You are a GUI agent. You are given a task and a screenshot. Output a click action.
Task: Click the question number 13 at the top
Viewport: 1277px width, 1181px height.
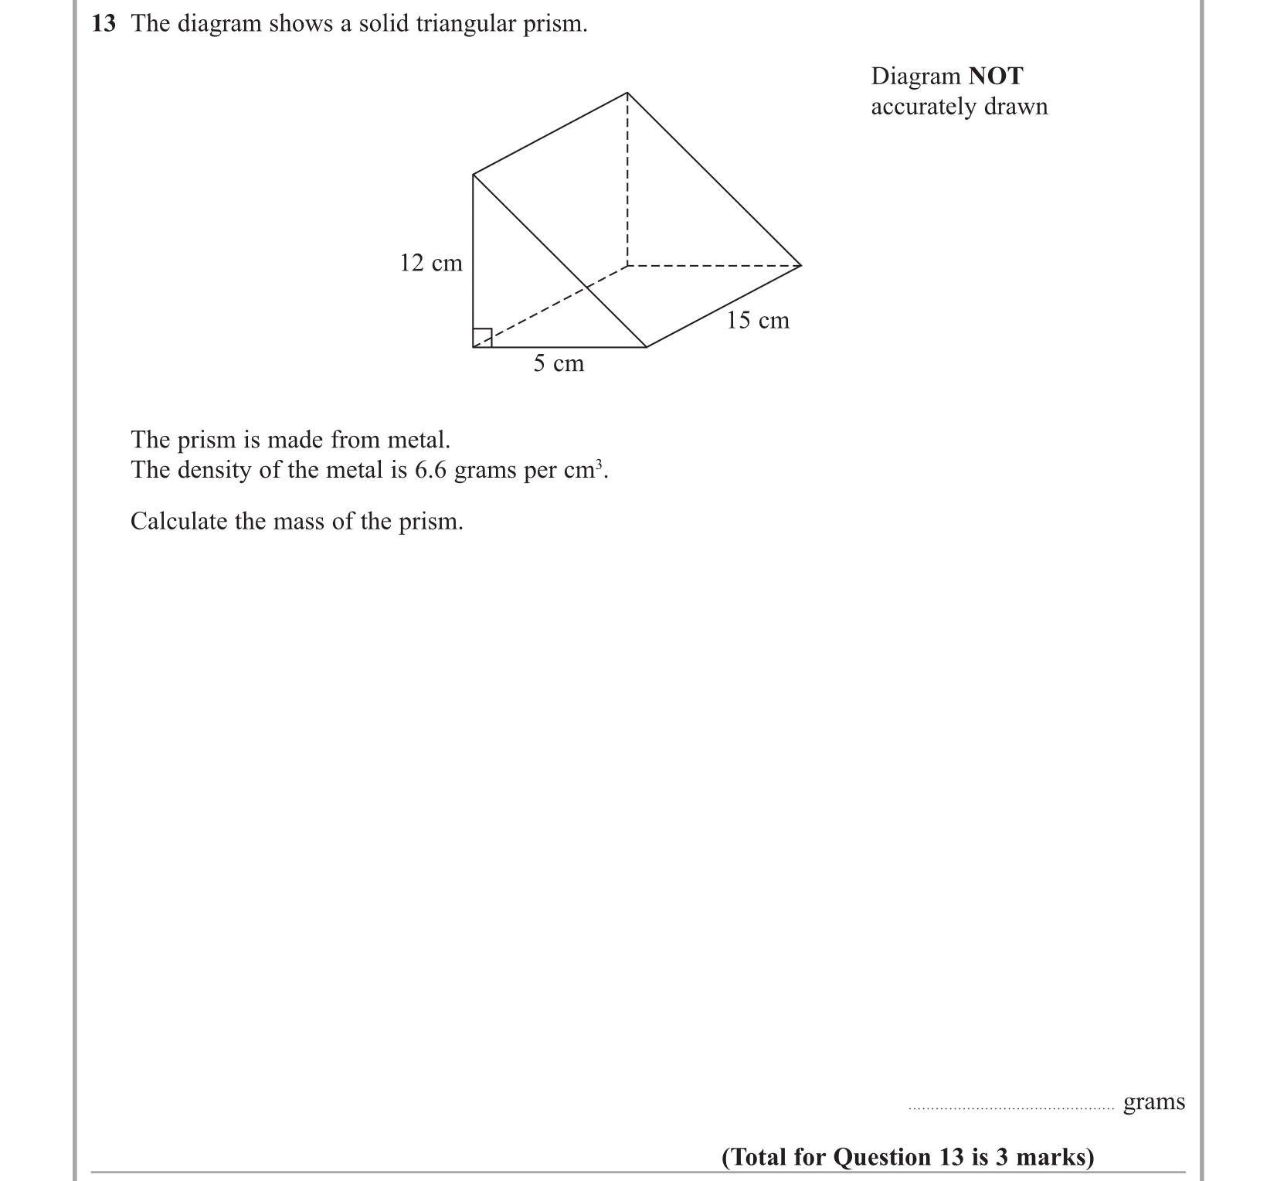104,24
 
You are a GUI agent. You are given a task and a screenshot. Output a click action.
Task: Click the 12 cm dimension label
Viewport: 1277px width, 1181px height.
431,264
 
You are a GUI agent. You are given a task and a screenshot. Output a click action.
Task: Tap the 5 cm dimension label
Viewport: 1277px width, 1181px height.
559,363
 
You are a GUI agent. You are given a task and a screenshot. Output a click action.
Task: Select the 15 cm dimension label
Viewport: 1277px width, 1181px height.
758,321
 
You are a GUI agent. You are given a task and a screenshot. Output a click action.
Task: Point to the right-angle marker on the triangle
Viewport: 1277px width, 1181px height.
482,339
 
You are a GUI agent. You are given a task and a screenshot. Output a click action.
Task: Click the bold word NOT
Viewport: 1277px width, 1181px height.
996,77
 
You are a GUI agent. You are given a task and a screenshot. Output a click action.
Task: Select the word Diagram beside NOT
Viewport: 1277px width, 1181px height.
916,77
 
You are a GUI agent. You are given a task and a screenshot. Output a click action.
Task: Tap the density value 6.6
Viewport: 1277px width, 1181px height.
431,470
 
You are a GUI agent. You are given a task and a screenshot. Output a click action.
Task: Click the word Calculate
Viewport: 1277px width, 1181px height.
179,522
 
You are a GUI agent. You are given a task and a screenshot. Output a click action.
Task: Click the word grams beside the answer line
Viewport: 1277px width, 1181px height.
1153,1102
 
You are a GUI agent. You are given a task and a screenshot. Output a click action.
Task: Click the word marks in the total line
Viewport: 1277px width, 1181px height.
1054,1157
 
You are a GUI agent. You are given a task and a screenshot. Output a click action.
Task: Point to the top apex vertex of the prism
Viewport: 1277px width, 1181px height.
627,93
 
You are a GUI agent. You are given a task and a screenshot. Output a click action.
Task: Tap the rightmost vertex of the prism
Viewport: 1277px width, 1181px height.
801,265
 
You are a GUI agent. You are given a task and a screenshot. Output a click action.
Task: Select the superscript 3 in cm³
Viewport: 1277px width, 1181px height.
599,464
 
